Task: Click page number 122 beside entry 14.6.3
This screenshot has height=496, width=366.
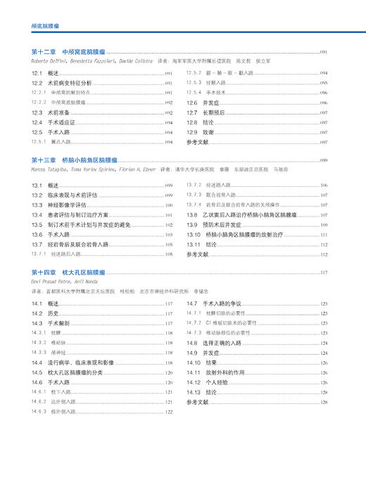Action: point(169,412)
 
